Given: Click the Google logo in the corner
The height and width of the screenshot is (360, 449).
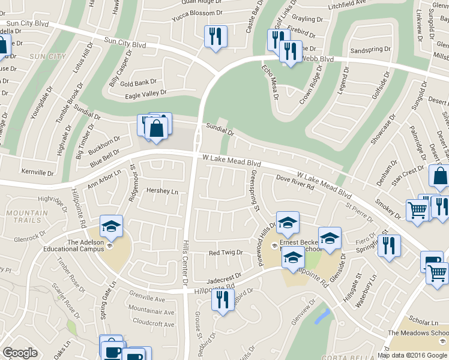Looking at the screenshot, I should pyautogui.click(x=20, y=353).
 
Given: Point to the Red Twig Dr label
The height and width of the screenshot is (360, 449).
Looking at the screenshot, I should pyautogui.click(x=225, y=253).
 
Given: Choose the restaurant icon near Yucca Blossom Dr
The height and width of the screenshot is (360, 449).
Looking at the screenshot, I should pyautogui.click(x=215, y=37).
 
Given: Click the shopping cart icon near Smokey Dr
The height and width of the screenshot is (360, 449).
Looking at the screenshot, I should pyautogui.click(x=418, y=210).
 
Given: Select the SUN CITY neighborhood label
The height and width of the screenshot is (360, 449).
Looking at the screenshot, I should pyautogui.click(x=48, y=56).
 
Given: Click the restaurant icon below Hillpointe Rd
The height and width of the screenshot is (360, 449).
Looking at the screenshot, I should pyautogui.click(x=223, y=298).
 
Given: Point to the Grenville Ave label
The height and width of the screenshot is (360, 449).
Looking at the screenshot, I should pyautogui.click(x=147, y=299).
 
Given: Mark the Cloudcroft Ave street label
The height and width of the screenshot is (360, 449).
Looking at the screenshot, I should pyautogui.click(x=153, y=322).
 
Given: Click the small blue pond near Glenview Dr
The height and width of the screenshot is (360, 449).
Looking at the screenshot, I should pyautogui.click(x=322, y=316).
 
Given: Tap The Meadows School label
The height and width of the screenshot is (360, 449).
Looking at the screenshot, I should pyautogui.click(x=418, y=333).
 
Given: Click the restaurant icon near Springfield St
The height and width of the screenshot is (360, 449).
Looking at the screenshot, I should pyautogui.click(x=389, y=245).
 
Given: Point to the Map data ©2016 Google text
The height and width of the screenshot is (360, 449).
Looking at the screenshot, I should pyautogui.click(x=412, y=355).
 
